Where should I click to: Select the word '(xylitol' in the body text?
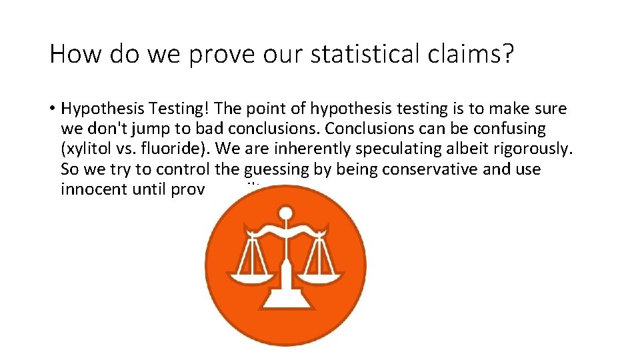click(x=85, y=149)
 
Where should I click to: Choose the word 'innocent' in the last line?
click(x=89, y=189)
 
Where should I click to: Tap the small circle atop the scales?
click(x=285, y=214)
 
